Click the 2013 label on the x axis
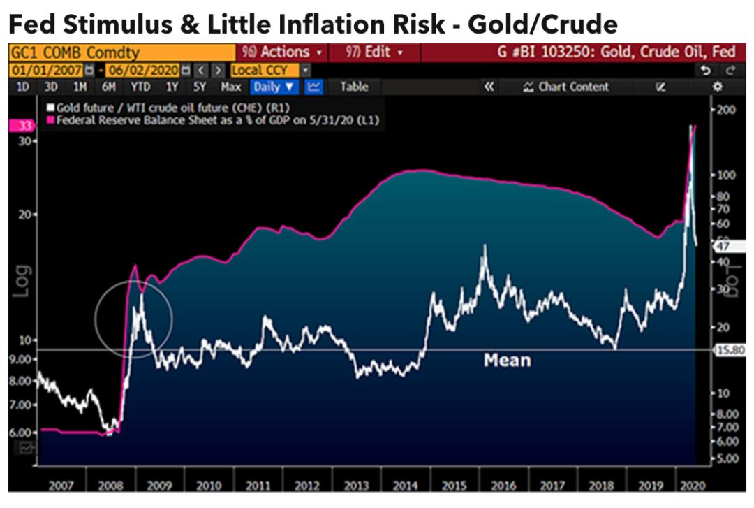357,485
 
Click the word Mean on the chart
508,361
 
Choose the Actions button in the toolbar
281,52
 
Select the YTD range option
140,87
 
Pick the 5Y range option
200,87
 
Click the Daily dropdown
275,87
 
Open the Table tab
353,87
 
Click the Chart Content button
566,87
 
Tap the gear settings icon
717,87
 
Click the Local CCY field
265,71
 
